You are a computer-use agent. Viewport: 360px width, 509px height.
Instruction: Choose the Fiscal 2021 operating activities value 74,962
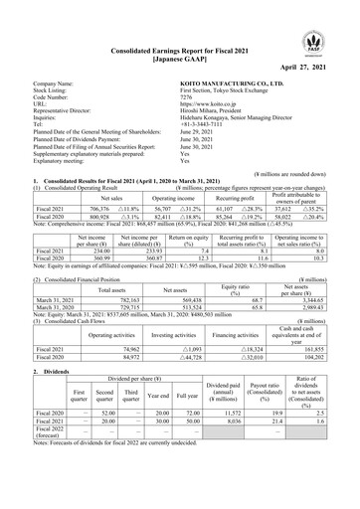pyautogui.click(x=122, y=351)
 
